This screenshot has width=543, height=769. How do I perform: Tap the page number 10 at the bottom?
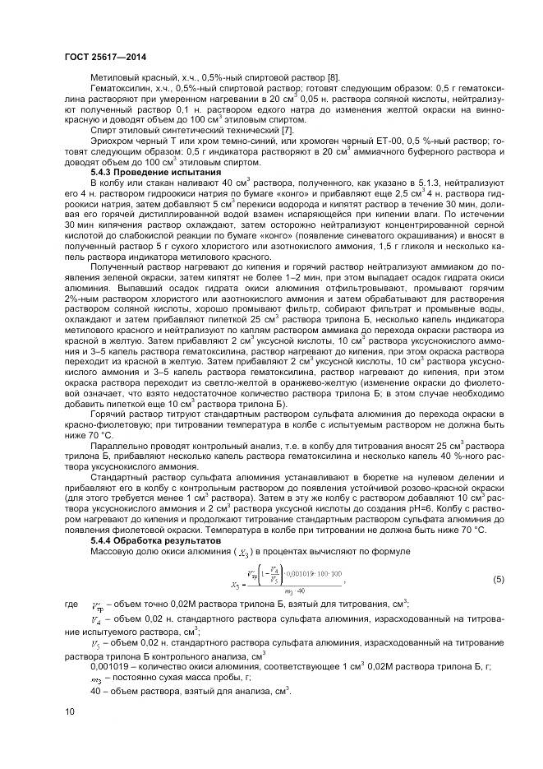coord(68,710)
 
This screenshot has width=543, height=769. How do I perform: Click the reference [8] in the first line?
coord(327,76)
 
